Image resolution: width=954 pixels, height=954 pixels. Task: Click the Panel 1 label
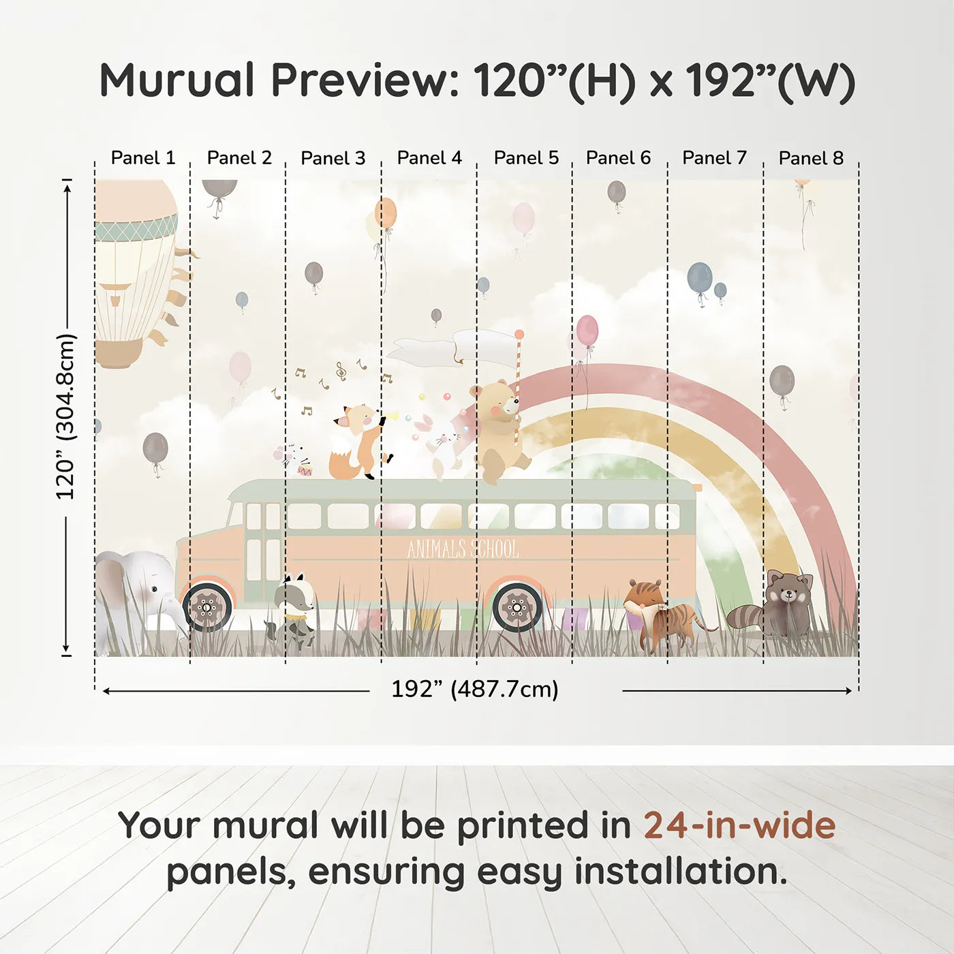[x=143, y=158]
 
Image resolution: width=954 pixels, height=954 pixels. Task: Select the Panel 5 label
[x=526, y=158]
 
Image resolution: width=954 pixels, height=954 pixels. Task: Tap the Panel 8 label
[x=811, y=158]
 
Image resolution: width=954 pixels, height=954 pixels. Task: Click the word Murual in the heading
[x=177, y=80]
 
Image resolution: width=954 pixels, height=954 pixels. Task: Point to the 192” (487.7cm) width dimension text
[x=475, y=689]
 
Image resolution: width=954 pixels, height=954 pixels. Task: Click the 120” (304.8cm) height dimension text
[x=65, y=417]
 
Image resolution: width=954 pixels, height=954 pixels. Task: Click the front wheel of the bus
[x=207, y=606]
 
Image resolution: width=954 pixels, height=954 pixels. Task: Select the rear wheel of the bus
[x=517, y=606]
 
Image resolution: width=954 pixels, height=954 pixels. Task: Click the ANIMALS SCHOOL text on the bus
[x=463, y=549]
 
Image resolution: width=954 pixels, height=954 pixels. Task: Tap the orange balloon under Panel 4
[x=386, y=213]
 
